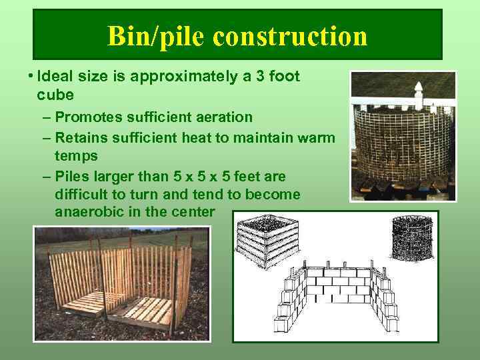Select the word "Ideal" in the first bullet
pyautogui.click(x=53, y=77)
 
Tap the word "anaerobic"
pyautogui.click(x=89, y=212)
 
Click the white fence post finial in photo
pyautogui.click(x=419, y=93)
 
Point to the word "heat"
pyautogui.click(x=189, y=137)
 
